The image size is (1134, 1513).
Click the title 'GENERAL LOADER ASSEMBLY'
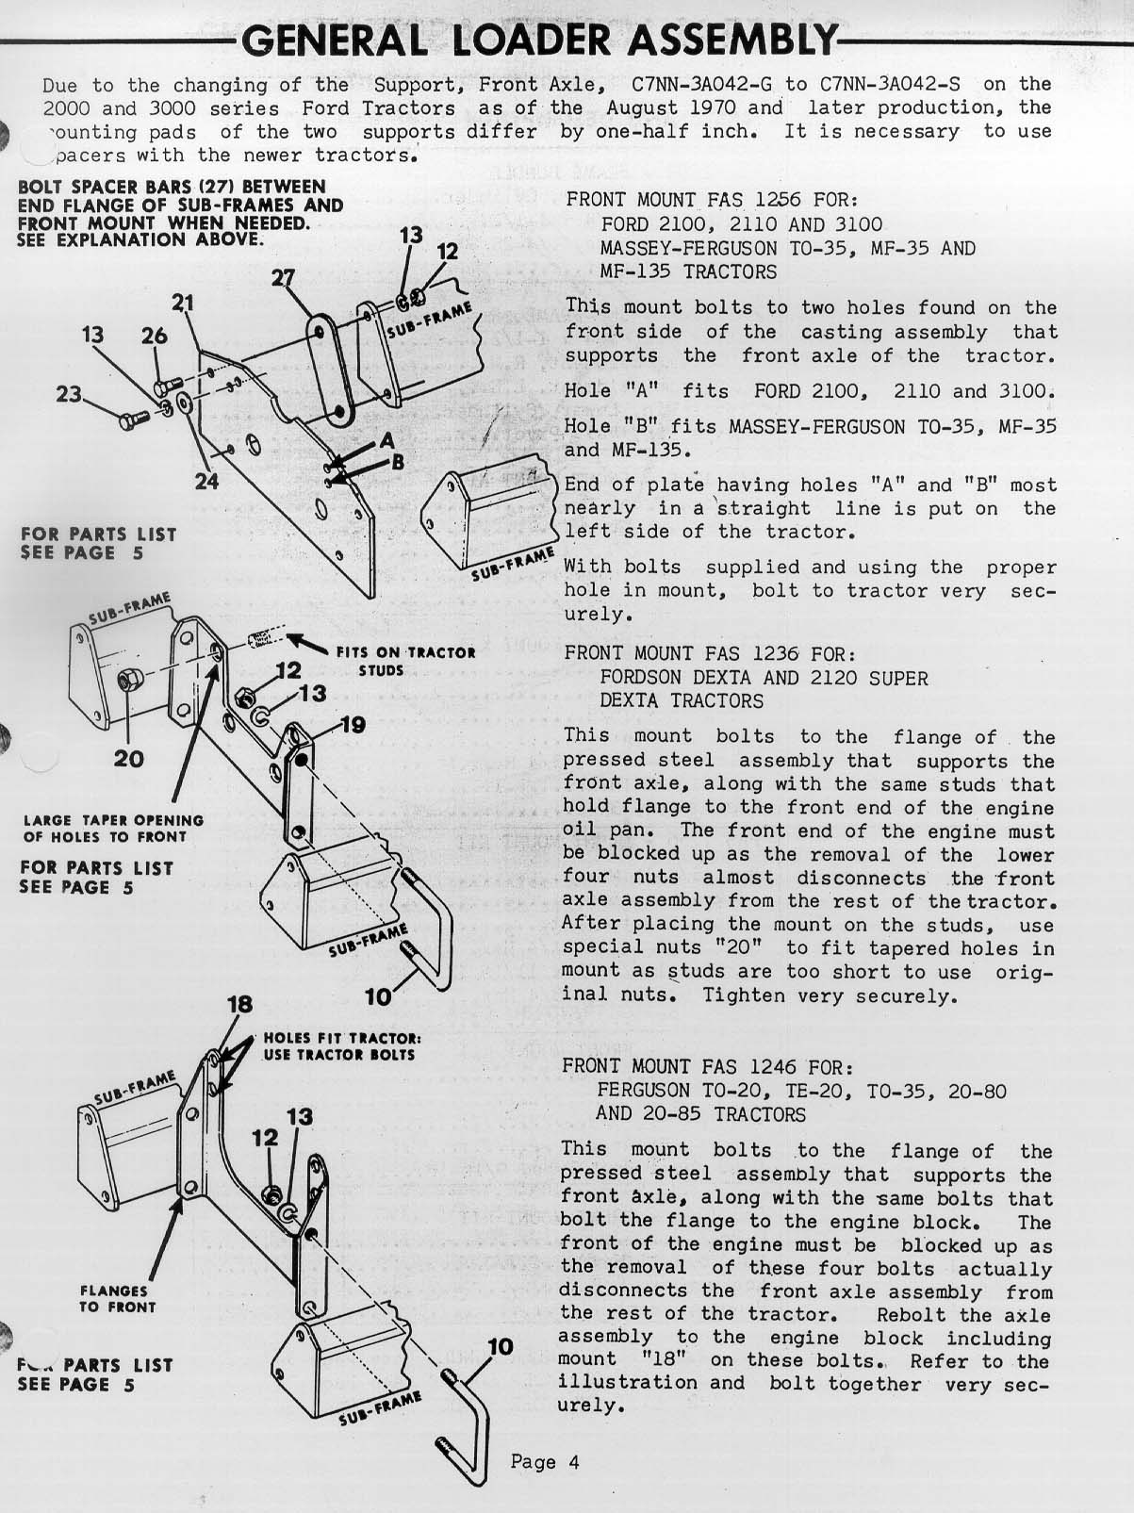(x=538, y=39)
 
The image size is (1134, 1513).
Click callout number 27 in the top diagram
(x=283, y=277)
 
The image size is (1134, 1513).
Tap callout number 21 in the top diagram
(x=183, y=303)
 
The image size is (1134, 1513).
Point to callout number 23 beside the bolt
(x=69, y=394)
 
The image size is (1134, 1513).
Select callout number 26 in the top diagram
(x=154, y=337)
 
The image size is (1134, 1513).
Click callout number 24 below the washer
(x=206, y=482)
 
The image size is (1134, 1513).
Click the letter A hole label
(x=386, y=440)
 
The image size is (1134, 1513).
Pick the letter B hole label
(x=398, y=462)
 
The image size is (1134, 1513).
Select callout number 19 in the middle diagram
(x=352, y=725)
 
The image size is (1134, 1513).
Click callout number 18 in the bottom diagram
(x=239, y=1005)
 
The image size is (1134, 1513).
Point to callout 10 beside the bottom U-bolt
(x=500, y=1346)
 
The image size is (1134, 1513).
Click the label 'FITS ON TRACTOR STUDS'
(x=405, y=661)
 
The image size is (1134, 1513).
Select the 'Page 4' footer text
(x=545, y=1462)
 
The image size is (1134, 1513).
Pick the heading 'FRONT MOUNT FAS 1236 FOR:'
(x=709, y=653)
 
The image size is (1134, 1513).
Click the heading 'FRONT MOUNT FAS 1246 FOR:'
(x=708, y=1066)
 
